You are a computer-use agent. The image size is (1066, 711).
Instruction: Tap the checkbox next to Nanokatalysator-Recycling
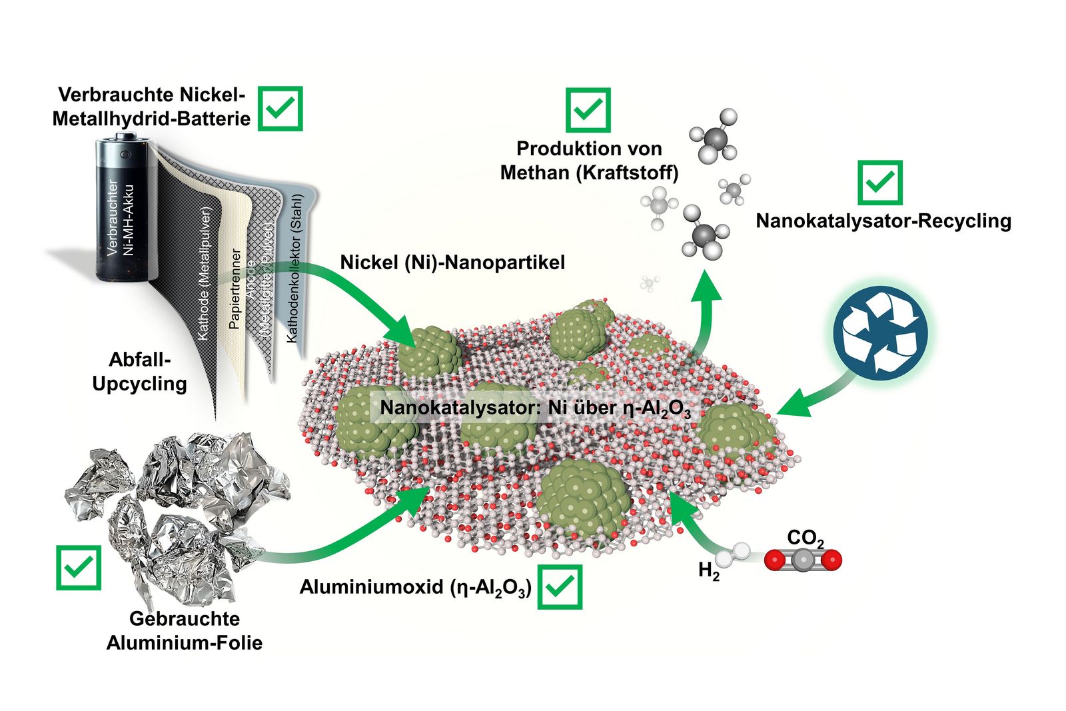(x=879, y=182)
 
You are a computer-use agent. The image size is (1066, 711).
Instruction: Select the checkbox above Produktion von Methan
(x=588, y=110)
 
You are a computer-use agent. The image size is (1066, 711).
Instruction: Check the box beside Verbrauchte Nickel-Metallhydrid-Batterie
(x=280, y=108)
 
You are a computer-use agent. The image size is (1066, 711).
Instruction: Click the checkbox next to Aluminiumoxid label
(x=560, y=587)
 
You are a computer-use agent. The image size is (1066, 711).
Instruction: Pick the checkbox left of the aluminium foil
(x=79, y=568)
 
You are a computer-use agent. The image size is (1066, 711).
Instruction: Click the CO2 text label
(x=805, y=538)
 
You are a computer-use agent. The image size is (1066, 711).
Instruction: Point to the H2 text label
(x=708, y=571)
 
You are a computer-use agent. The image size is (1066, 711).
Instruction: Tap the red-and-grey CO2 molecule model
(x=803, y=560)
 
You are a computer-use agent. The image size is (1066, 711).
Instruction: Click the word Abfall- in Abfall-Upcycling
(x=140, y=360)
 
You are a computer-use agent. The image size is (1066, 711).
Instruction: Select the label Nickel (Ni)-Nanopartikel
(x=452, y=263)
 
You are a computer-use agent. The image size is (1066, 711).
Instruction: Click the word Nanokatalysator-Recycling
(x=883, y=221)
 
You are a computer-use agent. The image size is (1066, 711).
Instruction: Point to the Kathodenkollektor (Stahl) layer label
(x=294, y=269)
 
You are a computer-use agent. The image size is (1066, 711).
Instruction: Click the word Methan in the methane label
(x=530, y=173)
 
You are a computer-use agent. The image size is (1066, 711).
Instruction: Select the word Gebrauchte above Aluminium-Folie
(x=185, y=618)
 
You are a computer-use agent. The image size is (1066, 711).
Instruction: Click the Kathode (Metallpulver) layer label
(x=205, y=274)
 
